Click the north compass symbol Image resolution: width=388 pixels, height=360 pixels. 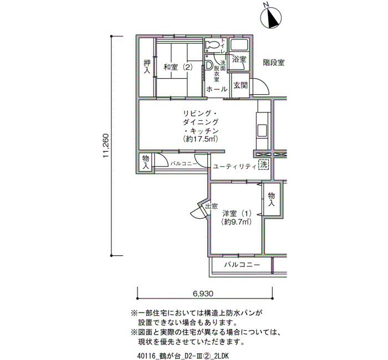[271, 17]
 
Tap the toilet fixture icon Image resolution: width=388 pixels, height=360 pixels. [212, 44]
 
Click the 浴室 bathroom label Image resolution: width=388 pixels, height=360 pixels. [239, 59]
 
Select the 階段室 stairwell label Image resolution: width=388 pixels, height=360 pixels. [273, 63]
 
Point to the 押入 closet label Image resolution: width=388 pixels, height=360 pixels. [147, 66]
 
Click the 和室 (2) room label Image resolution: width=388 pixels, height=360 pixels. [178, 67]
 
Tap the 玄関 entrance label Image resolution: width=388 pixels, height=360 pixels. [241, 85]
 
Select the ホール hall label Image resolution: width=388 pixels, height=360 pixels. [217, 89]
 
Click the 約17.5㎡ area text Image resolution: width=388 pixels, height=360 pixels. [201, 139]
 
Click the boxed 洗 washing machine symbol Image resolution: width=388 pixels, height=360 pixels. [263, 164]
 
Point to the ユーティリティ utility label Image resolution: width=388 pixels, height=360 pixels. [234, 166]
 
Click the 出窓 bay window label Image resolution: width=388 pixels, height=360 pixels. [212, 206]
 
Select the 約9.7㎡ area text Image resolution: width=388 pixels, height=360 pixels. [237, 222]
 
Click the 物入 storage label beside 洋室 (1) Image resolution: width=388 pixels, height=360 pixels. [272, 199]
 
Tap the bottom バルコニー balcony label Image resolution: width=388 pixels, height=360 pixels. [242, 265]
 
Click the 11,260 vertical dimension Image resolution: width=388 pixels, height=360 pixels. [106, 146]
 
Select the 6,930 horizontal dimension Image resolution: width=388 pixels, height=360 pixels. [203, 294]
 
